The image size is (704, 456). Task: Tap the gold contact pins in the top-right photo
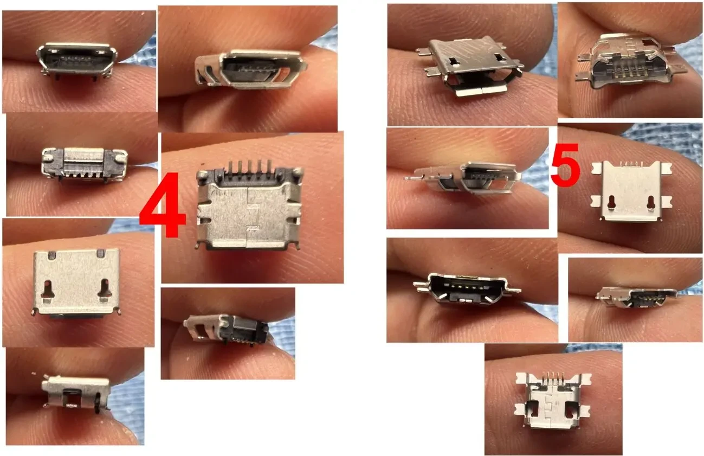coord(630,69)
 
